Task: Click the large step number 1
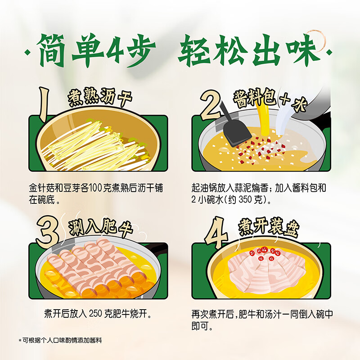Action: pos(44,104)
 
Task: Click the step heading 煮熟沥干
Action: pos(100,97)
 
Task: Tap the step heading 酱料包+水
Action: pos(270,99)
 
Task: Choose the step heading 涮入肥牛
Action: pos(101,228)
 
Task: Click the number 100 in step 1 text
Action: pos(95,188)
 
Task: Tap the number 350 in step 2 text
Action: pos(245,200)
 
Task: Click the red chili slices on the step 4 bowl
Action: pos(265,253)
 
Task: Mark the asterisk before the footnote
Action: pos(20,340)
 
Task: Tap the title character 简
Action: pos(51,50)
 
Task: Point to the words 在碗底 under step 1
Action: pos(42,200)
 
